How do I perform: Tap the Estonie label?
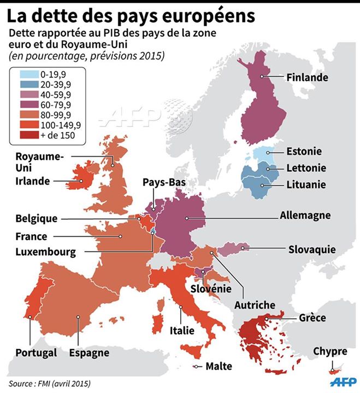304,151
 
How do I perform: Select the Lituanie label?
305,184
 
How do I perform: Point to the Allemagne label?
305,215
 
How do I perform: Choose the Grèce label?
312,318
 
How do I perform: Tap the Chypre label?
330,352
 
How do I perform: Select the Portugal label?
36,352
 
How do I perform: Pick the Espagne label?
89,352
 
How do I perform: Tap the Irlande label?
33,181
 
